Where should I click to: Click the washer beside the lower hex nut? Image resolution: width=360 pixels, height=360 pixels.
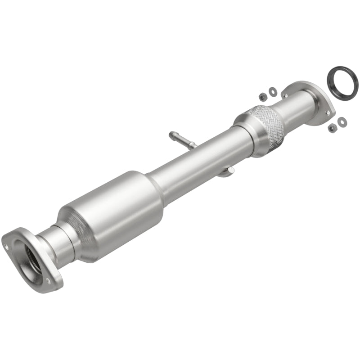[342, 121]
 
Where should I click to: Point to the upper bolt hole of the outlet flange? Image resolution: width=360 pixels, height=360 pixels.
[284, 94]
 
